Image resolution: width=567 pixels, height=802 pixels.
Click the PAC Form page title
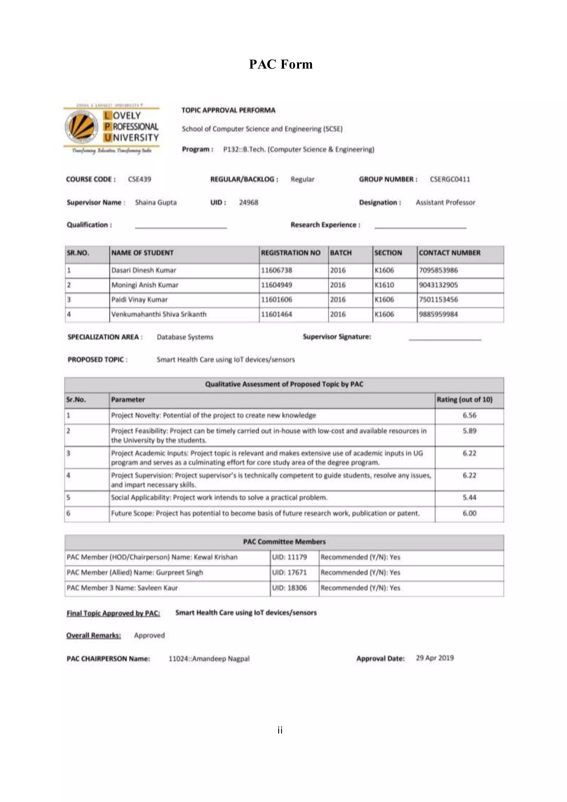pyautogui.click(x=281, y=64)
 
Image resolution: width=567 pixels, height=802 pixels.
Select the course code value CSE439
pyautogui.click(x=139, y=179)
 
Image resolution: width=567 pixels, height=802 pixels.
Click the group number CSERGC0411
pyautogui.click(x=450, y=179)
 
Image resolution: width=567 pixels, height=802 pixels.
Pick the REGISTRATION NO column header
pyautogui.click(x=290, y=253)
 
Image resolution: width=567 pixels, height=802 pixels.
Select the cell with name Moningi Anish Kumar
pyautogui.click(x=145, y=285)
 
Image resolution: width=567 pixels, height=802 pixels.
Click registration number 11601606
pyautogui.click(x=277, y=300)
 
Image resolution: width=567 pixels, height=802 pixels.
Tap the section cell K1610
pyautogui.click(x=384, y=285)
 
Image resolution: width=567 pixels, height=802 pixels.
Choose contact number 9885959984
pyautogui.click(x=438, y=314)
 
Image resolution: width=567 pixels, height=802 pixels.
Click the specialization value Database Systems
pyautogui.click(x=185, y=337)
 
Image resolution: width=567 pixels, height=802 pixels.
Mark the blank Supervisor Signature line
pyautogui.click(x=445, y=338)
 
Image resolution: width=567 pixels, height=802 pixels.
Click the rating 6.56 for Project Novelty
pyautogui.click(x=469, y=415)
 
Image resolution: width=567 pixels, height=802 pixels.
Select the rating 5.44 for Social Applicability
pyautogui.click(x=469, y=497)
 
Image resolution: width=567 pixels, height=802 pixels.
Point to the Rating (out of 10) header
pyautogui.click(x=464, y=400)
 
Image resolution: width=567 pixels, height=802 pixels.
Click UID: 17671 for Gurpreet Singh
pyautogui.click(x=289, y=572)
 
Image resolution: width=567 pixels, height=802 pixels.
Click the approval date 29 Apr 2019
pyautogui.click(x=435, y=658)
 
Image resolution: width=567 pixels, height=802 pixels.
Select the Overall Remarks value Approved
pyautogui.click(x=149, y=635)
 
